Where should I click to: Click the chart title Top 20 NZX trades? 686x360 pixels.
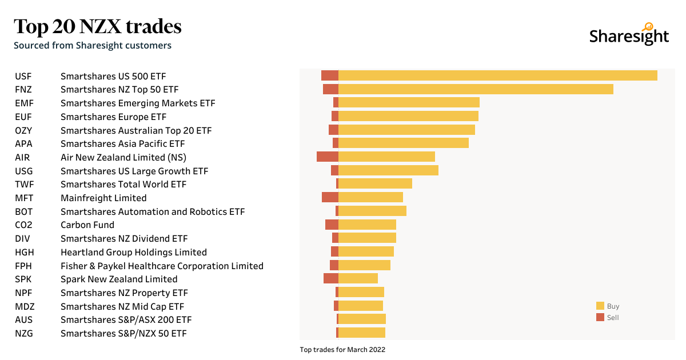click(x=97, y=26)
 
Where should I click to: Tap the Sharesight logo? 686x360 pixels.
click(x=629, y=35)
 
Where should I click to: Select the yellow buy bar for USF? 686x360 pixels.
click(x=497, y=75)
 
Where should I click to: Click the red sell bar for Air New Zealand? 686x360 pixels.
click(x=328, y=157)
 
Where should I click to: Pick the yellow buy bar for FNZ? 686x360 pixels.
click(x=476, y=89)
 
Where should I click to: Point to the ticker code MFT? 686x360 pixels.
click(x=23, y=198)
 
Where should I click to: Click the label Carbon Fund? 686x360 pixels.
click(x=87, y=225)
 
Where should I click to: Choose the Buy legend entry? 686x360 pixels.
click(x=608, y=306)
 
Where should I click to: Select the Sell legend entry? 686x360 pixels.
click(x=608, y=318)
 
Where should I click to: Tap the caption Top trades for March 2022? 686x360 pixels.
click(x=342, y=350)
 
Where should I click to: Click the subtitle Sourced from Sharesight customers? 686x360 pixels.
click(x=93, y=45)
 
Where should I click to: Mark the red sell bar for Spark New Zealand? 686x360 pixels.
click(x=331, y=278)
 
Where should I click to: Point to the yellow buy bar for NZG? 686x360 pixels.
click(x=362, y=333)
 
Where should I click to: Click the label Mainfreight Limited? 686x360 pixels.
click(x=103, y=198)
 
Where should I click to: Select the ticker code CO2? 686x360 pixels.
click(x=23, y=225)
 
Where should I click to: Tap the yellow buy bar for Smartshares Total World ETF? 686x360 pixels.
click(x=375, y=183)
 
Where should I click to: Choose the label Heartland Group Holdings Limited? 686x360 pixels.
click(x=134, y=252)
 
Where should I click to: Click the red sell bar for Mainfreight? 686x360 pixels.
click(x=330, y=197)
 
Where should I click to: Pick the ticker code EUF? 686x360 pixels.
click(x=23, y=117)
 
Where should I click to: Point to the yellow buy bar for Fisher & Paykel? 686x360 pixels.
click(x=364, y=265)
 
